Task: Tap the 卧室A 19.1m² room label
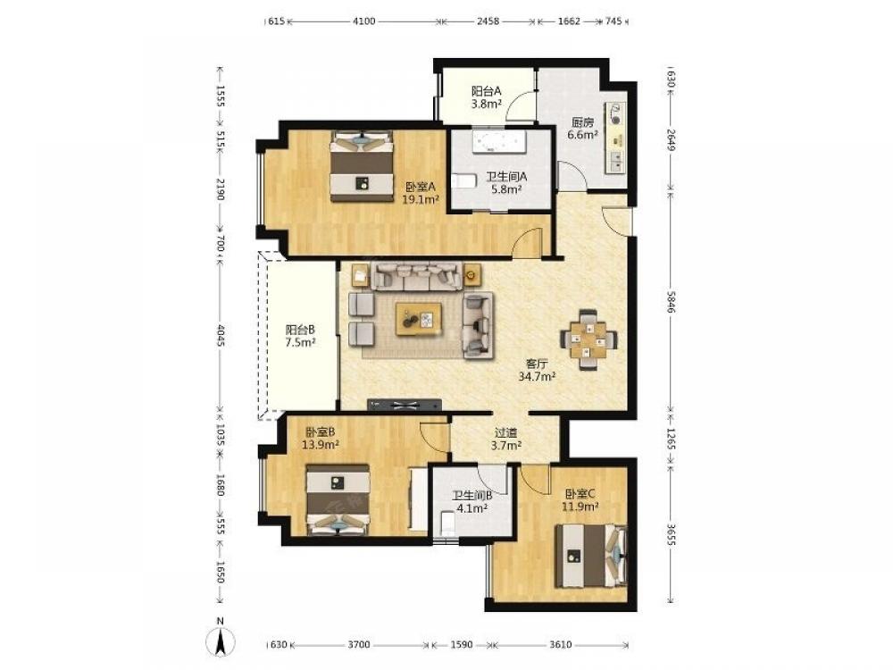click(421, 193)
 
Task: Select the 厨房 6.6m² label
click(582, 129)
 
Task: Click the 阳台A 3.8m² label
click(486, 96)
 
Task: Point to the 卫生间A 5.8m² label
click(506, 183)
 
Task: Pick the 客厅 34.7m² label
click(537, 370)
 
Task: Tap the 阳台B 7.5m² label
click(300, 336)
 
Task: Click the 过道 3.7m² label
click(505, 439)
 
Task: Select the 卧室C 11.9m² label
click(581, 500)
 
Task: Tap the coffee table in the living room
click(419, 320)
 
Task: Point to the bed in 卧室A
click(363, 166)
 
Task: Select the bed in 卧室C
click(591, 556)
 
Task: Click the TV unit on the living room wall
click(405, 405)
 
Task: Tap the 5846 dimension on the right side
click(671, 302)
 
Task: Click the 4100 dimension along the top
click(364, 21)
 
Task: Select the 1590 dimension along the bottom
click(462, 644)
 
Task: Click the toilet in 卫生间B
click(447, 522)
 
